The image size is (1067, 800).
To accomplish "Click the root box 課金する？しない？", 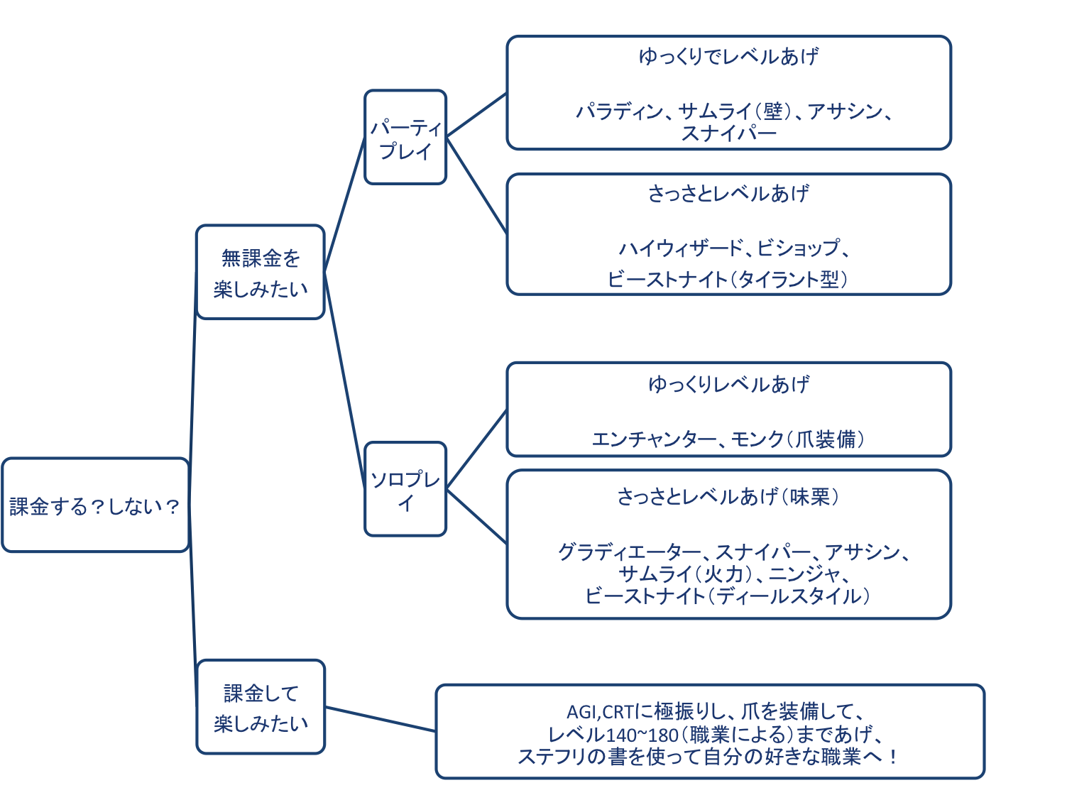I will coord(95,505).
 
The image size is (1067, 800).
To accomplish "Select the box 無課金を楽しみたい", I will coord(260,273).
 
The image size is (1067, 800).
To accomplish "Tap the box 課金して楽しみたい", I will coord(260,707).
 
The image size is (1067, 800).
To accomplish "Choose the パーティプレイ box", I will coord(405,138).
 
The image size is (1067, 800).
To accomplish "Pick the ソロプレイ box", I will coord(405,490).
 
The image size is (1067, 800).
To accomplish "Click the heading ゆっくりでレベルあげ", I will coord(728,56).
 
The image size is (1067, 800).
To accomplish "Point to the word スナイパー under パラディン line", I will coord(728,133).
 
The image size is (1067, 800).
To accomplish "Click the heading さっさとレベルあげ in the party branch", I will coord(728,193).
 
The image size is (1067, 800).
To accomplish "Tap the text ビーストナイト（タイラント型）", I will coord(728,279).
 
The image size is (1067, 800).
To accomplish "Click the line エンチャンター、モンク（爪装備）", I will coord(728,439).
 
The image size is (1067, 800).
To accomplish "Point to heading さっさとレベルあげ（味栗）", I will coord(728,496).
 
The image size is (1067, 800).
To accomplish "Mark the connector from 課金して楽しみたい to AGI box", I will coord(381,718).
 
